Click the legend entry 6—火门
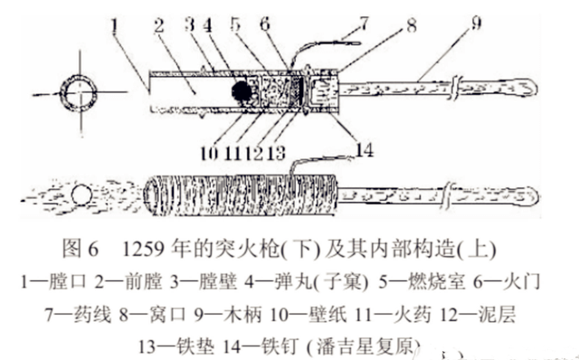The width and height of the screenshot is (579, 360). point(510,281)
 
